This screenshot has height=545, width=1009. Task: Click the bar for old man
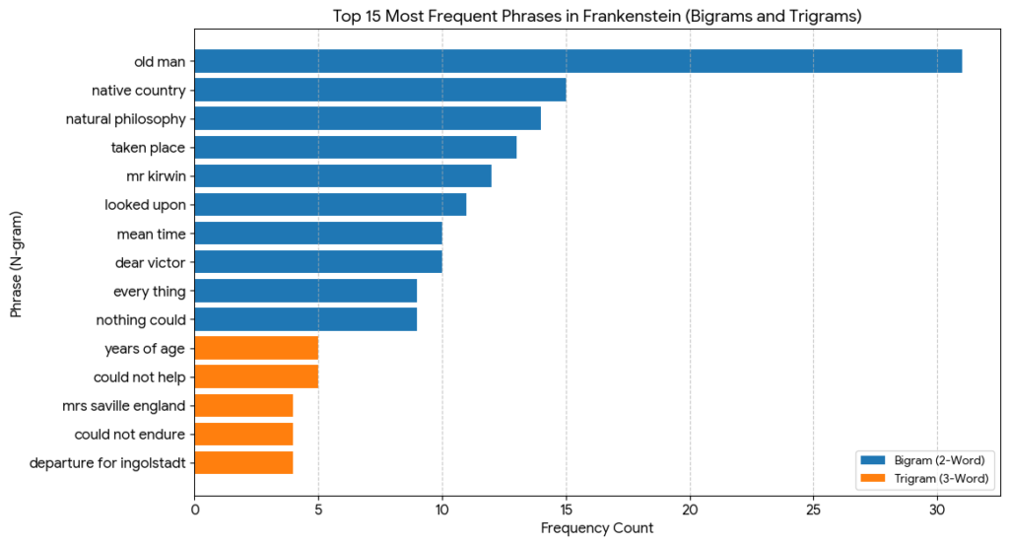point(577,61)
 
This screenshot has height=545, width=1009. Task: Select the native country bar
point(380,90)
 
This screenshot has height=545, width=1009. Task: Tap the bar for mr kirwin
point(343,176)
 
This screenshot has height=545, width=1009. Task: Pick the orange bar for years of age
point(256,348)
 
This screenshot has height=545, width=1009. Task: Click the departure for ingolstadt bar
point(243,462)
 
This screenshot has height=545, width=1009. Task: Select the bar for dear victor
point(318,262)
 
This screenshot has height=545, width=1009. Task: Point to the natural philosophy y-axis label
point(125,119)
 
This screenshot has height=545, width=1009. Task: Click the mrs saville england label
point(129,405)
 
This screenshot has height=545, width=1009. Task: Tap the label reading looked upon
point(146,205)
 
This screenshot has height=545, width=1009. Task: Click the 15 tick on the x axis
point(566,510)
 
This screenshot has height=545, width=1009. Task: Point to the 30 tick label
point(937,510)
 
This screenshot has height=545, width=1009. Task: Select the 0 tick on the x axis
point(195,510)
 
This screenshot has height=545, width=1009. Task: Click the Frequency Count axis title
point(597,529)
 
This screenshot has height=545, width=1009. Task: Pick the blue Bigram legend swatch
point(872,459)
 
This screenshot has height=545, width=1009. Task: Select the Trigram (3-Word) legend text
point(941,478)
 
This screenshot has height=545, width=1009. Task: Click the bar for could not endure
point(243,434)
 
